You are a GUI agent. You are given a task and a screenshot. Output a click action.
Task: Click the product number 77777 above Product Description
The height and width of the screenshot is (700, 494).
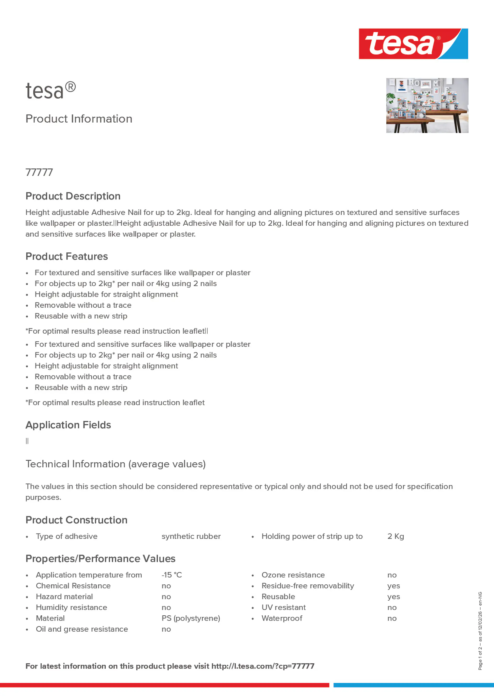point(39,172)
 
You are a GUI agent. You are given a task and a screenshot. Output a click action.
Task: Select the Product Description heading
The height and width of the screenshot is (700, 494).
point(73,196)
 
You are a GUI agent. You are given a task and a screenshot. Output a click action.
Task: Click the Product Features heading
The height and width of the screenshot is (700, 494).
point(66,256)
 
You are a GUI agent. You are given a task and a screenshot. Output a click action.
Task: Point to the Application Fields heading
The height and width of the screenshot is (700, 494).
point(68,425)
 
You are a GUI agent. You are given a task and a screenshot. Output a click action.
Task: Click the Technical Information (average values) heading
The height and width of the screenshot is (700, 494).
point(115,464)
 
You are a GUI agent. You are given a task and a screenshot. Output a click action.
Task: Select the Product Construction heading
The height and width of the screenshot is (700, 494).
point(76,520)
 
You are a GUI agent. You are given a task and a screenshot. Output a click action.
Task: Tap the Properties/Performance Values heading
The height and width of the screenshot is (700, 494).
point(100,559)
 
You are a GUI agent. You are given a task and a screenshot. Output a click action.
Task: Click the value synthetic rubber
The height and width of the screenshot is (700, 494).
point(191,536)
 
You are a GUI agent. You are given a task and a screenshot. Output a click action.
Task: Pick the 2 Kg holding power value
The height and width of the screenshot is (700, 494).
point(395,536)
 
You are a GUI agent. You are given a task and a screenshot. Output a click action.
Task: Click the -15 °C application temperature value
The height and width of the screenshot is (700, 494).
point(171,575)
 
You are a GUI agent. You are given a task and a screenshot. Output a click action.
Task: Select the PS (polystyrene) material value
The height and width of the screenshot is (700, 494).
point(191,618)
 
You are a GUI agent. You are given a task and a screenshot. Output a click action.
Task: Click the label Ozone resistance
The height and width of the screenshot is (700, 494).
point(293,575)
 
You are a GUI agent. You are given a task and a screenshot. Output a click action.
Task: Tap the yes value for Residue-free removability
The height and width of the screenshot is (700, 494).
point(393,586)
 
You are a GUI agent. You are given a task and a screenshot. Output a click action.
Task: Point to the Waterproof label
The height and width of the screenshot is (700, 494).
point(282,618)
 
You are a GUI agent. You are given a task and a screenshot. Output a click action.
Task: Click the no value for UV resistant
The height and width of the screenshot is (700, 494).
point(392,608)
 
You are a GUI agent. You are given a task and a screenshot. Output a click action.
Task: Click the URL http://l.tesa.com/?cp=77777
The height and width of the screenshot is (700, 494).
point(263,666)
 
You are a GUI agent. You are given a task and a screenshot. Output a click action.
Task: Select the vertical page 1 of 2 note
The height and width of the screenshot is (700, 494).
point(480,631)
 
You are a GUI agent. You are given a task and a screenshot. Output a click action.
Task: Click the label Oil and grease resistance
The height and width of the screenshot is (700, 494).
point(82,629)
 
